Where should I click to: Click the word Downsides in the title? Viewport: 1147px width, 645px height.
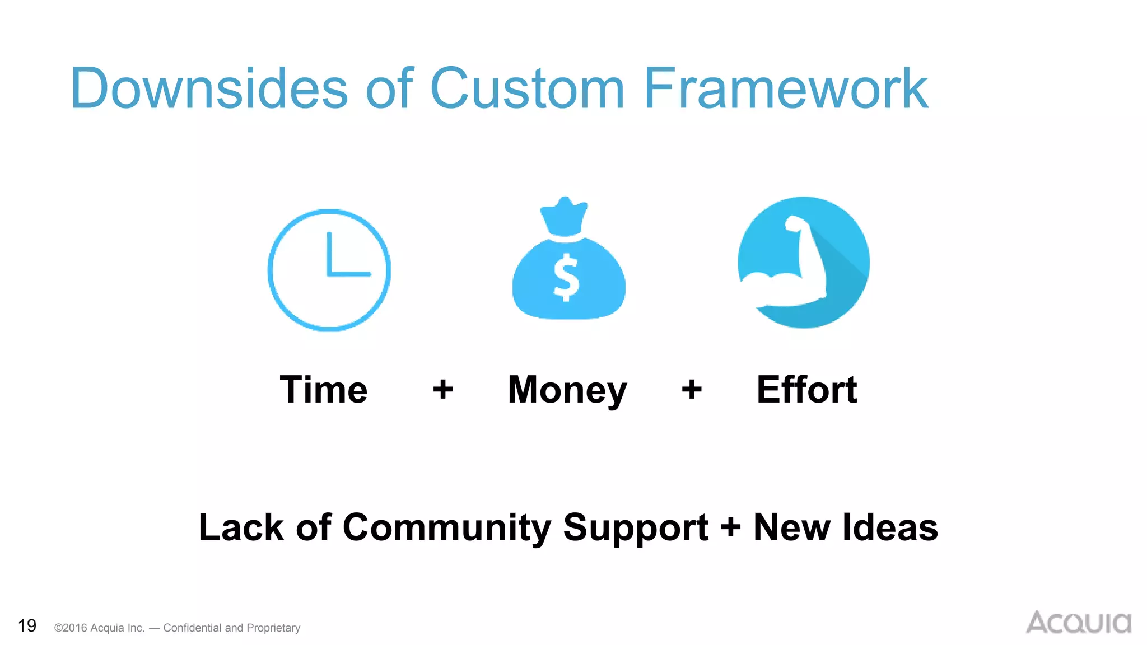(x=209, y=88)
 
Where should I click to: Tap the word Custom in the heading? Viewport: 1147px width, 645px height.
(x=526, y=88)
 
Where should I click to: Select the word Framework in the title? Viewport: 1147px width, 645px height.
(x=785, y=88)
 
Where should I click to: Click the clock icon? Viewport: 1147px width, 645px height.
(x=329, y=270)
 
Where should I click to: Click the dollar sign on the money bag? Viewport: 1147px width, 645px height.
(x=566, y=277)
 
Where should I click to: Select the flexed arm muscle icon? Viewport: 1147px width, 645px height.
(x=803, y=263)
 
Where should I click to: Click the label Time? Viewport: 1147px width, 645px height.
(x=324, y=390)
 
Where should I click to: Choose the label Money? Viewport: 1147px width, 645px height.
(x=567, y=391)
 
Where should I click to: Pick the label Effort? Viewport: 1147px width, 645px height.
(x=806, y=390)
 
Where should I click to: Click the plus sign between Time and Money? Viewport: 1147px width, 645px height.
(x=443, y=389)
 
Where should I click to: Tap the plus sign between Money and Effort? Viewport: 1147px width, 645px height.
(x=692, y=389)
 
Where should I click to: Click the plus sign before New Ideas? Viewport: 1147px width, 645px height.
(x=730, y=528)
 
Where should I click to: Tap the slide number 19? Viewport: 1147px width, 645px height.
(x=27, y=625)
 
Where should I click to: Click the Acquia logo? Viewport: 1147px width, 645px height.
(x=1078, y=623)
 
